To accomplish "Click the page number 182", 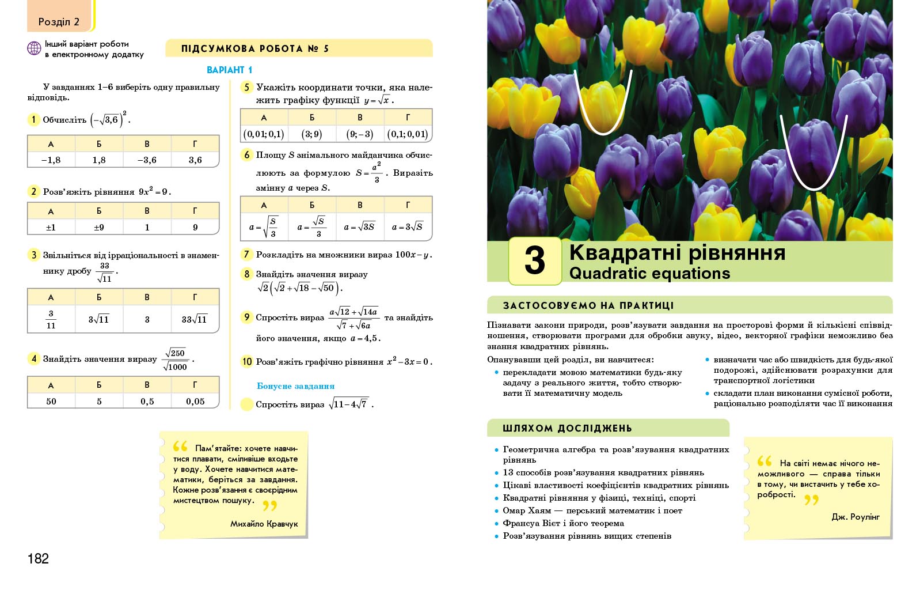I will tap(38, 558).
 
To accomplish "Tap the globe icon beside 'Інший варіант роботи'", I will tap(34, 49).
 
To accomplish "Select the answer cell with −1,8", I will tap(51, 160).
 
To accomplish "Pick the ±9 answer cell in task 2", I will tap(99, 227).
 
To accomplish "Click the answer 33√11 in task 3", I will tap(195, 319).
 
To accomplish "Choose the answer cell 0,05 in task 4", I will tap(195, 401).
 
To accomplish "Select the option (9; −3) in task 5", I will tap(360, 134).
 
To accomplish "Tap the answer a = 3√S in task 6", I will tap(408, 227).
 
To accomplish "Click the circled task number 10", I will tap(247, 361).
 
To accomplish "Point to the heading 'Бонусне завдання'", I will tap(295, 386).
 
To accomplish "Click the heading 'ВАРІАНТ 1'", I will tap(229, 70).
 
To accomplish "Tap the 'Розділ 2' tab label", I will tap(59, 22).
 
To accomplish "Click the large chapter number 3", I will tap(535, 260).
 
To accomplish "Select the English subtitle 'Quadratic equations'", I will tap(649, 273).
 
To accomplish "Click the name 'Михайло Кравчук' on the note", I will tap(264, 524).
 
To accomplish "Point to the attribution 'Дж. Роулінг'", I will tap(856, 517).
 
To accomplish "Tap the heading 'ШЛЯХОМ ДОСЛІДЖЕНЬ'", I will tap(567, 428).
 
